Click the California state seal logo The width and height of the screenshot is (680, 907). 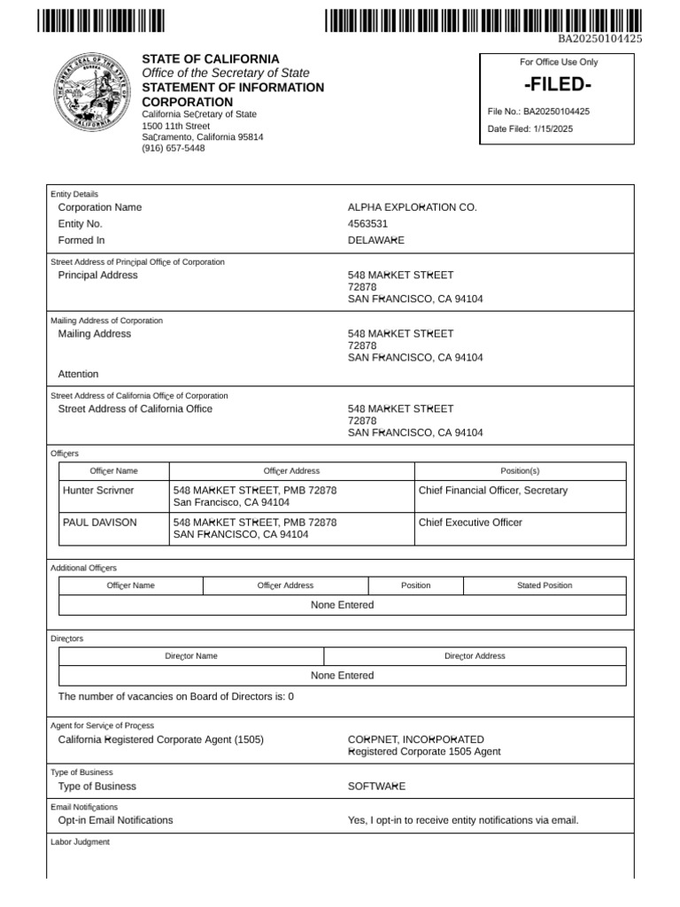[x=91, y=93]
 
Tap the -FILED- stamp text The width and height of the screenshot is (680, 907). [x=557, y=84]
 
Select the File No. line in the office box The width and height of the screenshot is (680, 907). [x=538, y=112]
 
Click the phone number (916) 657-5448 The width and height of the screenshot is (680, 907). [x=173, y=149]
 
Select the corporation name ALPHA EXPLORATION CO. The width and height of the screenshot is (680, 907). [x=412, y=207]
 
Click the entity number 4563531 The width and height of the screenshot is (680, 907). [x=367, y=224]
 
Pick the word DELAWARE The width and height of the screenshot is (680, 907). [x=375, y=240]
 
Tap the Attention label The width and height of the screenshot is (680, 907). [x=78, y=374]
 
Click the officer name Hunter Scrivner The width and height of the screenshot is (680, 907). [x=98, y=490]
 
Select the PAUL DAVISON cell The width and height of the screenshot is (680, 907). [x=100, y=523]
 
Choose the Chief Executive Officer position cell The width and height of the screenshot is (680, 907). [x=470, y=523]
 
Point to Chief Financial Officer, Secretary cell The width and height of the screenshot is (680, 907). [x=492, y=490]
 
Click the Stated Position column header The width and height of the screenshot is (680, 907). [x=545, y=585]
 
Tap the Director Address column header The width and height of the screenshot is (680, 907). [x=475, y=656]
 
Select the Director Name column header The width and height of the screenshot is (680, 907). [x=191, y=656]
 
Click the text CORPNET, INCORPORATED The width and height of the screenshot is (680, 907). [x=415, y=739]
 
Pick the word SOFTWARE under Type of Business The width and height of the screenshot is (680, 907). [x=376, y=787]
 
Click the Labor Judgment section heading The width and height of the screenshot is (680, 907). [x=80, y=842]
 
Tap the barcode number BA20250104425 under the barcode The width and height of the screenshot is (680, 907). [x=599, y=39]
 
